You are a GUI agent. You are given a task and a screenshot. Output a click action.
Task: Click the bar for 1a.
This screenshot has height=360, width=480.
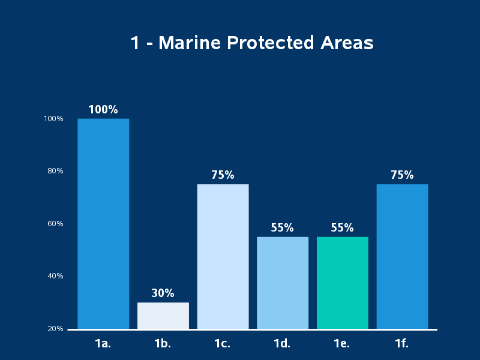103,223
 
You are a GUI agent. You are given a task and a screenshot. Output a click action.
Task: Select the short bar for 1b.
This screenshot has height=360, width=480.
163,316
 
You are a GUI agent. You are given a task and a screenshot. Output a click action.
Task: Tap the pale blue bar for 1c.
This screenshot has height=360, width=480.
223,256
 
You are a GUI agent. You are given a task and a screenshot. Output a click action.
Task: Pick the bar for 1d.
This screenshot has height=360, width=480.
283,283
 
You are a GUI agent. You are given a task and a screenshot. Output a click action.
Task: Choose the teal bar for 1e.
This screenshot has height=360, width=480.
342,283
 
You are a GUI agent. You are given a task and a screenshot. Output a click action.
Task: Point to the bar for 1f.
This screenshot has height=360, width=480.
402,256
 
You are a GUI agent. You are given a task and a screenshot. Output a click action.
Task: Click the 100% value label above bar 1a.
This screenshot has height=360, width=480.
103,110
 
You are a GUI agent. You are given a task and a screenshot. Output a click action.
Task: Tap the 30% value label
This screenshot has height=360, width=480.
163,293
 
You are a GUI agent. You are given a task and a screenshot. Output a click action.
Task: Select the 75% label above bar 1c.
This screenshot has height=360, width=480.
223,175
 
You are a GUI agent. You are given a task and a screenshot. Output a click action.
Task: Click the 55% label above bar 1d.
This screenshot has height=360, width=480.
282,228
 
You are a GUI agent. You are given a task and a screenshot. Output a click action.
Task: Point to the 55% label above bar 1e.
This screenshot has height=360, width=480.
342,228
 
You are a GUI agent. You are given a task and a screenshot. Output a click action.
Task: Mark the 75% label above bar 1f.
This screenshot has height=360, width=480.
402,175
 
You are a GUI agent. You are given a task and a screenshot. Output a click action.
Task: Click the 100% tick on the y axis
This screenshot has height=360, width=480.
53,119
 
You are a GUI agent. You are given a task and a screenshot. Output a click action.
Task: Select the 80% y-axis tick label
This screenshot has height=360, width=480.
55,171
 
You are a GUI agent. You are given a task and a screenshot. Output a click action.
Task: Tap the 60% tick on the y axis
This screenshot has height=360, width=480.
55,224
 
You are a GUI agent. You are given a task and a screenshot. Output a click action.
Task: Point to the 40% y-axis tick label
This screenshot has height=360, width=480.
55,276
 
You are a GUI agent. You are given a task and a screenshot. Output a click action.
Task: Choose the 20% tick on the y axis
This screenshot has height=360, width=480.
55,329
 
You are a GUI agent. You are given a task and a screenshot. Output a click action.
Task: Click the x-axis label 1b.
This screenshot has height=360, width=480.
163,344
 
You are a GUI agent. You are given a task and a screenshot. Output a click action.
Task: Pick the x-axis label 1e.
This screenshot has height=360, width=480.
342,344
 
